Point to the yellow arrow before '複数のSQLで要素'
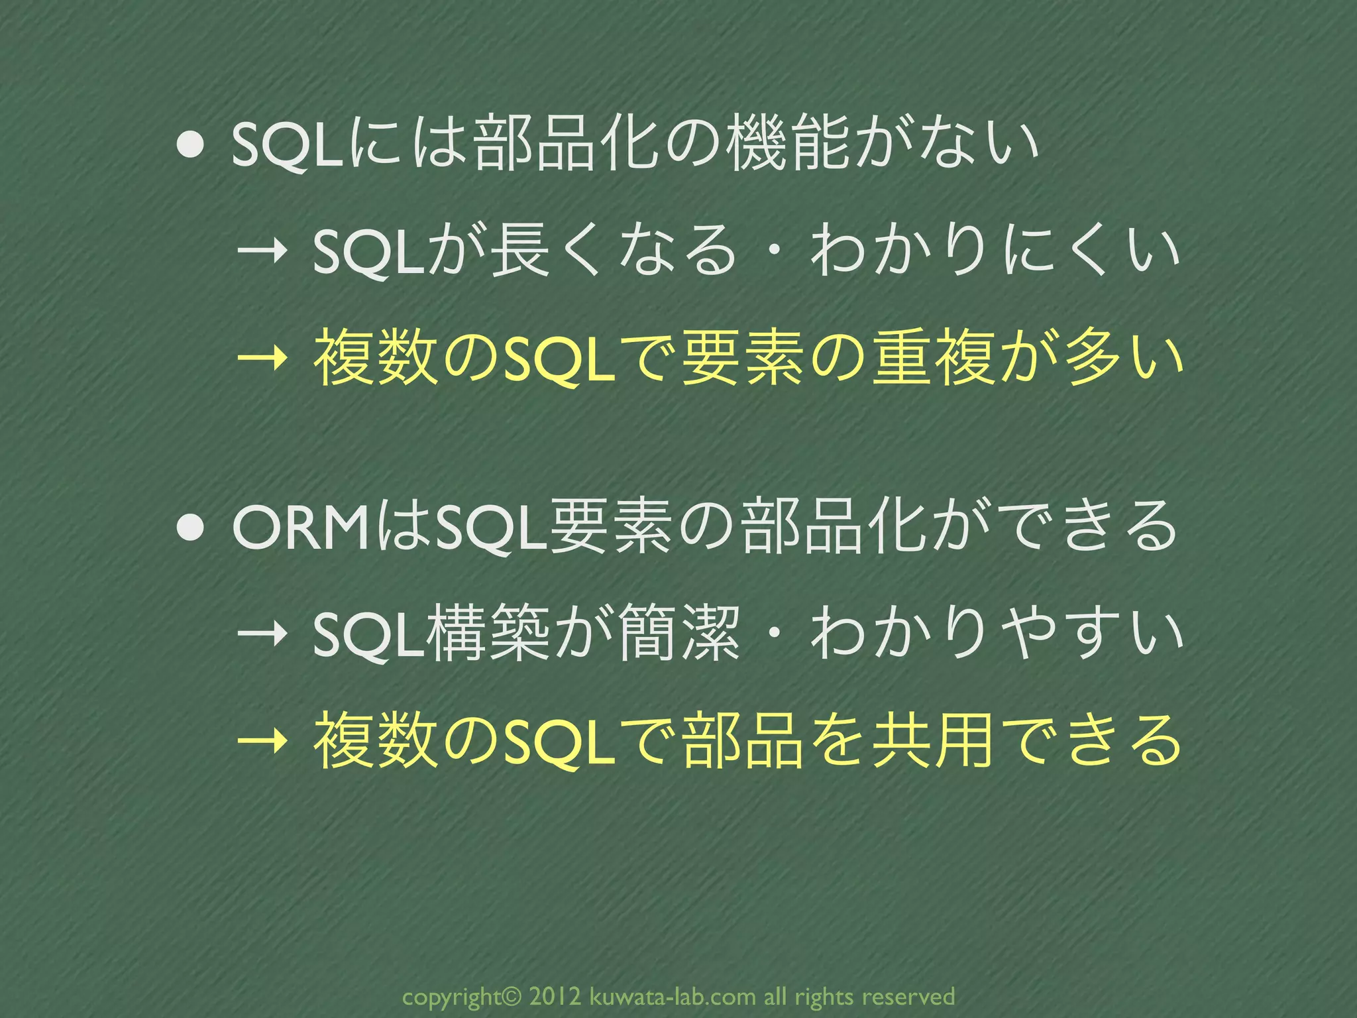tap(262, 361)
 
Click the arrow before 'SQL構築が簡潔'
tap(262, 634)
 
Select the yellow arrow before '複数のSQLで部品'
tap(262, 742)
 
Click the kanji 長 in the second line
tap(520, 250)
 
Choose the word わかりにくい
tap(994, 250)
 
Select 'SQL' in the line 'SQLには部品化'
tap(287, 145)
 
